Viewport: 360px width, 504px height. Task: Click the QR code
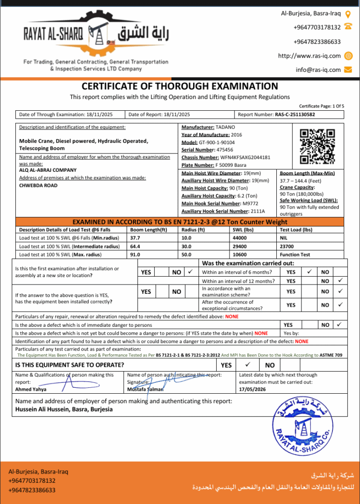(318, 146)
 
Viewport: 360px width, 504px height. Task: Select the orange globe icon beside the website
(348, 56)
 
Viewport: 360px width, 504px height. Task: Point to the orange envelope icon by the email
(348, 69)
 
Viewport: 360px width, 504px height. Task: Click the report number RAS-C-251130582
(295, 115)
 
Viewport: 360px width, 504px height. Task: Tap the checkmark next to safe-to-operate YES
(248, 365)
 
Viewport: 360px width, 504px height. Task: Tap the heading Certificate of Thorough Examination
(180, 86)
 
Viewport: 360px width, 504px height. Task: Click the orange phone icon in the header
(348, 27)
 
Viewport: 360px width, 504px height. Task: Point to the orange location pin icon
(348, 14)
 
